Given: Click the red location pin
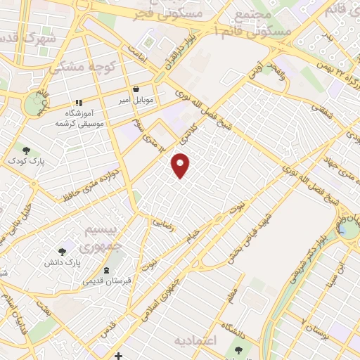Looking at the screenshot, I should (x=181, y=166).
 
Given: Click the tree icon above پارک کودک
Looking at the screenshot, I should (x=26, y=150).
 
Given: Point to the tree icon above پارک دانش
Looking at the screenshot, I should (x=63, y=251).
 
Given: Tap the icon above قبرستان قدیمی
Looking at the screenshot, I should (x=106, y=270).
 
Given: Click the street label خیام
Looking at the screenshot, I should (x=192, y=241).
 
